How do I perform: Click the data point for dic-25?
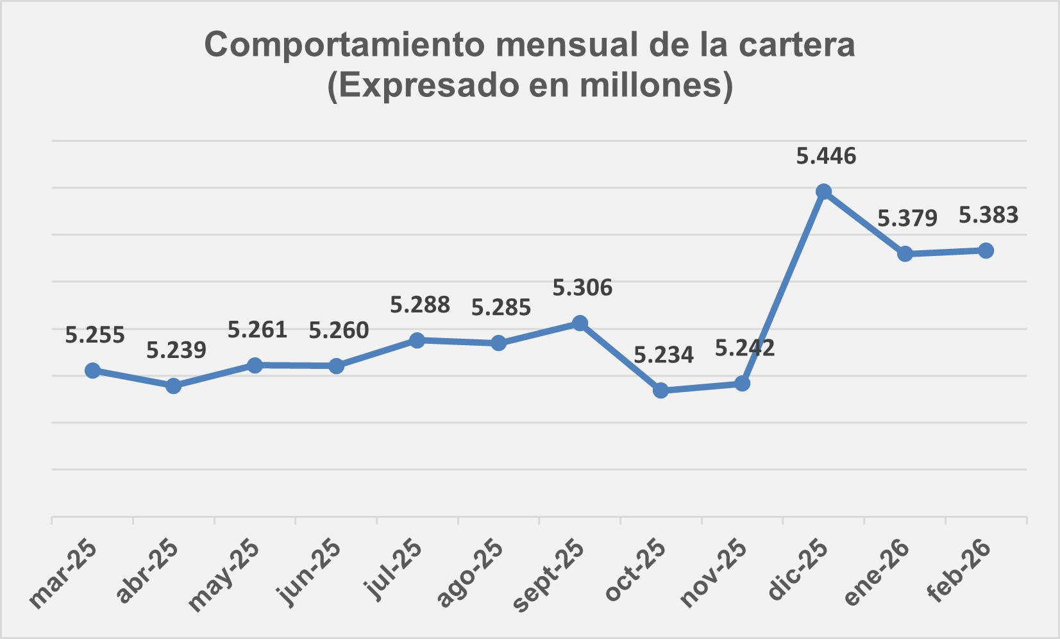(823, 192)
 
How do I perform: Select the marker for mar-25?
(92, 370)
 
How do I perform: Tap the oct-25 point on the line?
(660, 390)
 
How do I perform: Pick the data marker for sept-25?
(580, 323)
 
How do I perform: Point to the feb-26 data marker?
(986, 251)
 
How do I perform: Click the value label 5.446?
(826, 156)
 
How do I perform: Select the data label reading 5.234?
(664, 354)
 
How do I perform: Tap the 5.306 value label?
(582, 287)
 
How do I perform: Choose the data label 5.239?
(176, 350)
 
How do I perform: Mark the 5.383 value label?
(988, 215)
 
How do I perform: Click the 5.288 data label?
(420, 304)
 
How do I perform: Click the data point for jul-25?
(417, 340)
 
